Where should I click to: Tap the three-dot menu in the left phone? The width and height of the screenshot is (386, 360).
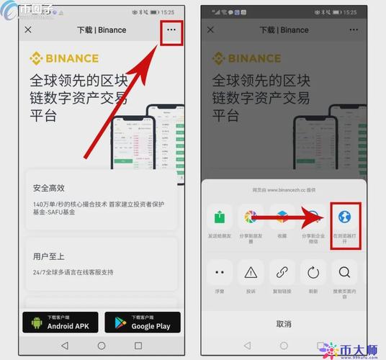click(170, 30)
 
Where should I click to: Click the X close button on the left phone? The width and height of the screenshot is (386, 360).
click(28, 30)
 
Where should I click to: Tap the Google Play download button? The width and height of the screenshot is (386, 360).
click(142, 322)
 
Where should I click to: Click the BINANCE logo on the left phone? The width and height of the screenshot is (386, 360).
click(66, 58)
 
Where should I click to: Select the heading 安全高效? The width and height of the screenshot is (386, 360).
click(49, 189)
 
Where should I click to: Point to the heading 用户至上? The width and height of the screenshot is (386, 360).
click(49, 256)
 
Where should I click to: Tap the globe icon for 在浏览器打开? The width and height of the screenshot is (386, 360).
click(344, 217)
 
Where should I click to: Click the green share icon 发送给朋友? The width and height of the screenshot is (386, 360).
click(220, 217)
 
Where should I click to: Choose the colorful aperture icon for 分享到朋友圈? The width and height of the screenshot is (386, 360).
click(251, 217)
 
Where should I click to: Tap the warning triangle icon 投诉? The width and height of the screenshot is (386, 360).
click(251, 272)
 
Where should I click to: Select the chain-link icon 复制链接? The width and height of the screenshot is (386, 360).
click(282, 272)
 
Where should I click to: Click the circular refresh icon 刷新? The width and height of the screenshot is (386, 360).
click(313, 272)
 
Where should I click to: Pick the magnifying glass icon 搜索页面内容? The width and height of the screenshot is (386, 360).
click(344, 272)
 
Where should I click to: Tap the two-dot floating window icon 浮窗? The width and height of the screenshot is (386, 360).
click(220, 272)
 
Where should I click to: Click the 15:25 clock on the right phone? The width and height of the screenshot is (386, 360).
click(350, 12)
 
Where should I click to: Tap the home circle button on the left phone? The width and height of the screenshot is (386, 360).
click(102, 346)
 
